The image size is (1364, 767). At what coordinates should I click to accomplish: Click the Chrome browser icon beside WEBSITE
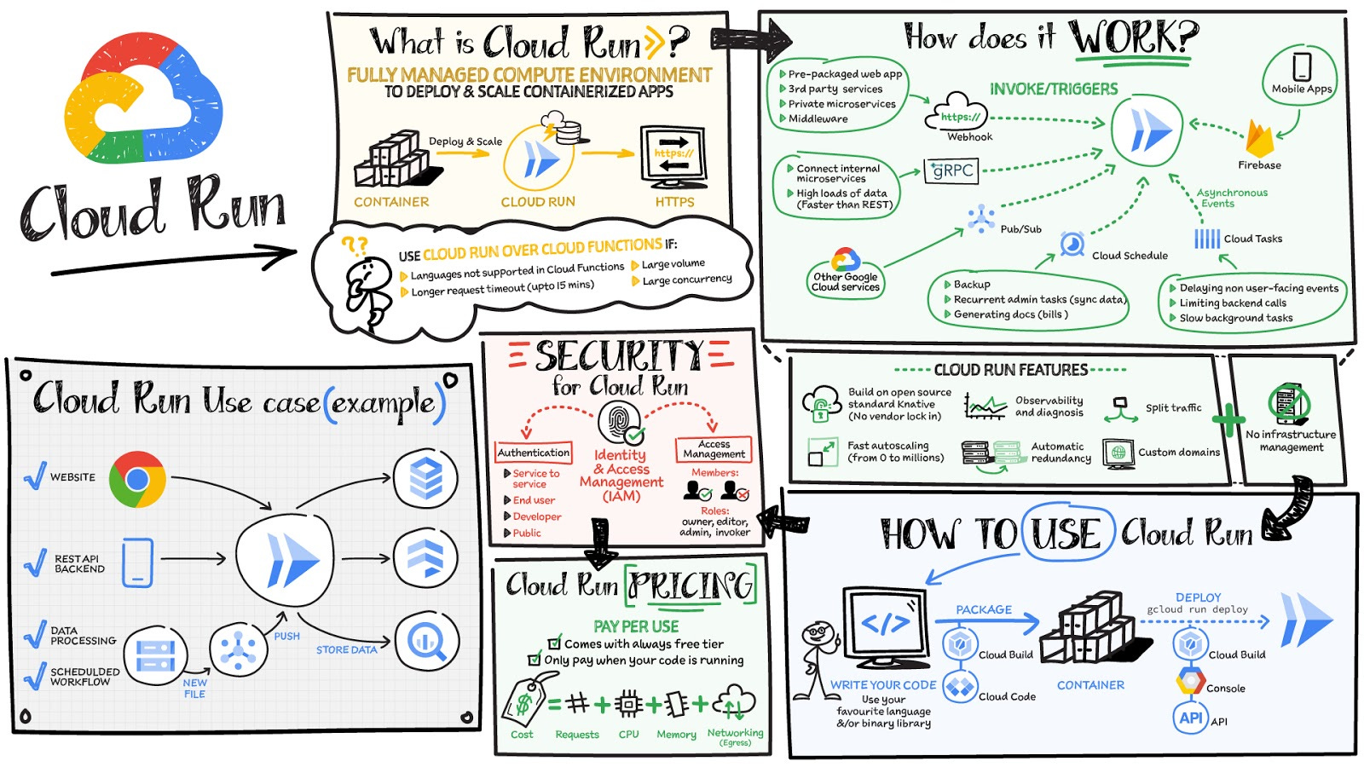pos(136,480)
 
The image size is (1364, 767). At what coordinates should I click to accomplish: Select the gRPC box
pos(951,171)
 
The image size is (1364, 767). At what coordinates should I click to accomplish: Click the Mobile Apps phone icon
pos(1302,66)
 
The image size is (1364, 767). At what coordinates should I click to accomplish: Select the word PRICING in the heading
pos(691,585)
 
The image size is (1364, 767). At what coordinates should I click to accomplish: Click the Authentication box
pos(534,453)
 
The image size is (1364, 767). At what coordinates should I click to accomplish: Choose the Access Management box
pos(714,449)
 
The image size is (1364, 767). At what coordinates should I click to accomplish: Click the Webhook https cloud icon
pos(959,113)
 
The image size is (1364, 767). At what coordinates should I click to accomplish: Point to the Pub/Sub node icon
pos(981,219)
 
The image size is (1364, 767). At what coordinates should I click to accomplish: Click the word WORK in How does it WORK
pos(1133,37)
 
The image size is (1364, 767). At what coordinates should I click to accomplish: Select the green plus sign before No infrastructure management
pos(1228,420)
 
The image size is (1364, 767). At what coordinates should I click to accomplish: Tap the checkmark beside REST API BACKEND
pos(35,562)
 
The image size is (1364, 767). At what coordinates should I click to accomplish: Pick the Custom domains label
pos(1179,453)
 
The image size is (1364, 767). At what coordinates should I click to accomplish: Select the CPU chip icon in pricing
pos(628,704)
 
